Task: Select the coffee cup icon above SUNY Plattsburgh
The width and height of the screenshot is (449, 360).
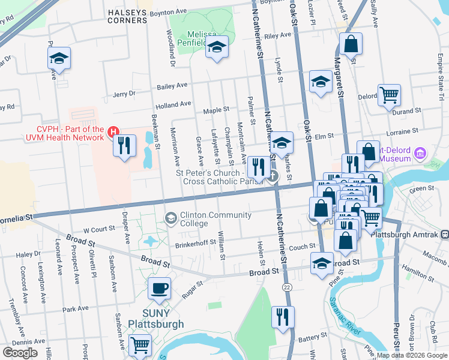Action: pyautogui.click(x=160, y=288)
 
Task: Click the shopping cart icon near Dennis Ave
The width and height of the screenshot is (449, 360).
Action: pyautogui.click(x=140, y=345)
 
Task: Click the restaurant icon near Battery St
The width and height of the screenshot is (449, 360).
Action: pyautogui.click(x=283, y=316)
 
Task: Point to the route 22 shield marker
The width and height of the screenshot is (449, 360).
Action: pyautogui.click(x=288, y=289)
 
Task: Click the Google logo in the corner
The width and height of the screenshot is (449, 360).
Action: pyautogui.click(x=20, y=353)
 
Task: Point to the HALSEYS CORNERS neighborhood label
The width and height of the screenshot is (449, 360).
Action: pyautogui.click(x=127, y=16)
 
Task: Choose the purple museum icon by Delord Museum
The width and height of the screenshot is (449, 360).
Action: pyautogui.click(x=420, y=153)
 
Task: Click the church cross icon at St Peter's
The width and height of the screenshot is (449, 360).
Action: pyautogui.click(x=273, y=176)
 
